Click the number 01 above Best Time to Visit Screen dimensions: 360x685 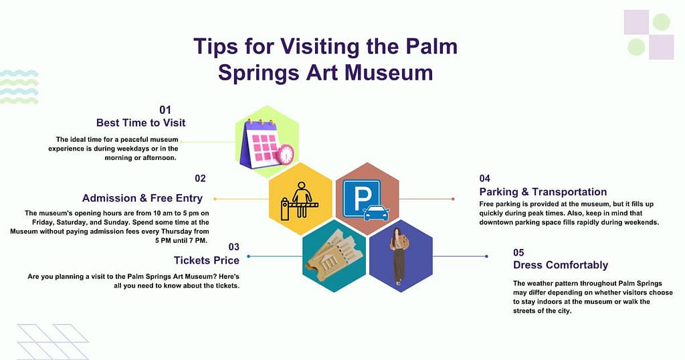coord(165,109)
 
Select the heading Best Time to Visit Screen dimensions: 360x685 coord(140,122)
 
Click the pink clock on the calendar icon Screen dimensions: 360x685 coord(286,154)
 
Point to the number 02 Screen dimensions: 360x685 coord(201,179)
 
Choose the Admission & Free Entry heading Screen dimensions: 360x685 coord(142,198)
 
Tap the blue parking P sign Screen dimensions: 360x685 coord(362,197)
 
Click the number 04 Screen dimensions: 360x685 coord(485,179)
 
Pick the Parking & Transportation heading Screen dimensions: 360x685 coord(543,192)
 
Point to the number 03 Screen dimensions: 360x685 coord(233,247)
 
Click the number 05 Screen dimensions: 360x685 coord(518,252)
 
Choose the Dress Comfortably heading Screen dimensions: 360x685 coord(560,265)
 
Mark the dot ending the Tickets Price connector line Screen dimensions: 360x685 coord(248,256)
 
